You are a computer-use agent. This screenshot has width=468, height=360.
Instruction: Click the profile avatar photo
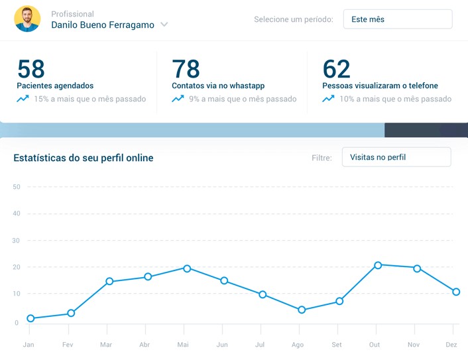pyautogui.click(x=27, y=19)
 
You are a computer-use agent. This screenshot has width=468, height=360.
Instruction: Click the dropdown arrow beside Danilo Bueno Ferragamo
pyautogui.click(x=164, y=25)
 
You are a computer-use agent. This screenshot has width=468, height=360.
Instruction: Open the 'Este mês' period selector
pyautogui.click(x=397, y=19)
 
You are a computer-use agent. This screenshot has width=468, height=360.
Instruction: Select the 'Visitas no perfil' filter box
pyautogui.click(x=396, y=157)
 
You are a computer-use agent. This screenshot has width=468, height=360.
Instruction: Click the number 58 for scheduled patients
pyautogui.click(x=31, y=69)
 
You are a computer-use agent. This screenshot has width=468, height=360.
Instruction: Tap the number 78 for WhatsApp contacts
pyautogui.click(x=186, y=69)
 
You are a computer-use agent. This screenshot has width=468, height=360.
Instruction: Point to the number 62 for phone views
pyautogui.click(x=336, y=69)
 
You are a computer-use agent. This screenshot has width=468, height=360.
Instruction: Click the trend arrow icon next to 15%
pyautogui.click(x=23, y=99)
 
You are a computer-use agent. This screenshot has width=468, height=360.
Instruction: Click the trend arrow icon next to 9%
pyautogui.click(x=178, y=99)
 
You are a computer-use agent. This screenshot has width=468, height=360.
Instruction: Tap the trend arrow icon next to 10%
pyautogui.click(x=328, y=99)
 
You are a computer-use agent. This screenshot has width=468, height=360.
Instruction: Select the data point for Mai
pyautogui.click(x=187, y=269)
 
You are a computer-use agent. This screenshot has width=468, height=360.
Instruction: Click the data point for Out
pyautogui.click(x=378, y=265)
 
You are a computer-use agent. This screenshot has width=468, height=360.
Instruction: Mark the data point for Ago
pyautogui.click(x=302, y=310)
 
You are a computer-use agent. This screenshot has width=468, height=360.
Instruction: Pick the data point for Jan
pyautogui.click(x=30, y=318)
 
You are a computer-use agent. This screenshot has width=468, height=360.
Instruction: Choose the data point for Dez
pyautogui.click(x=456, y=292)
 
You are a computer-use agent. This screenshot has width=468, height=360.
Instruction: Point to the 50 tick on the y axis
pyautogui.click(x=17, y=187)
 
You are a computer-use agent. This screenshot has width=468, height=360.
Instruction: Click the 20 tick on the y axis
pyautogui.click(x=17, y=267)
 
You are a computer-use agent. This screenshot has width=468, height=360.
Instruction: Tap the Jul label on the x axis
pyautogui.click(x=260, y=345)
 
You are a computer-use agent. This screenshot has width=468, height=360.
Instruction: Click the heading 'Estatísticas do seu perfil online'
pyautogui.click(x=84, y=158)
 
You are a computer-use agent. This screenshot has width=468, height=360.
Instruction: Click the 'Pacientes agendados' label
pyautogui.click(x=55, y=86)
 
